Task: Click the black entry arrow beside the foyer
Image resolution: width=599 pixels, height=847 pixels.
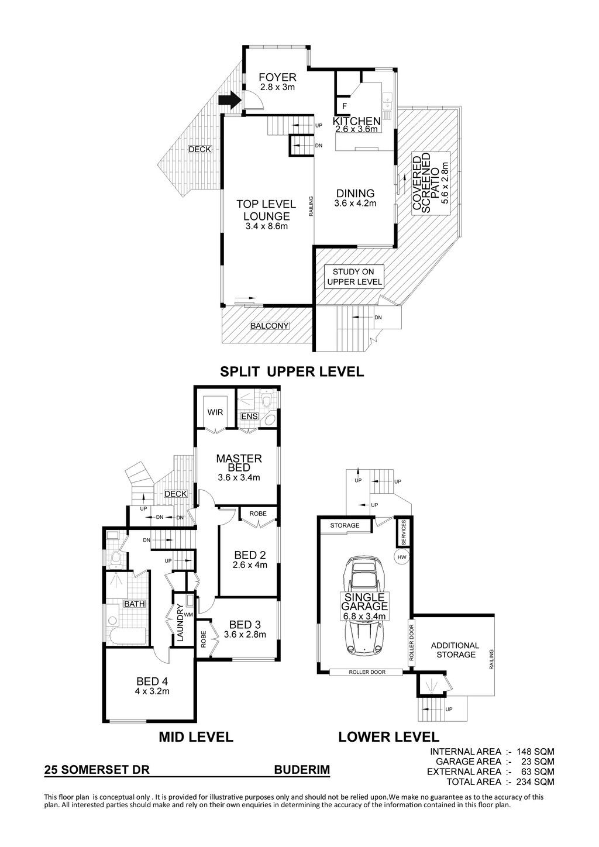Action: click(230, 100)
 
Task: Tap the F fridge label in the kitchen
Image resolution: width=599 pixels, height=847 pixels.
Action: click(345, 106)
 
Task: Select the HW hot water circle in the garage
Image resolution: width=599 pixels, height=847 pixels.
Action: click(401, 557)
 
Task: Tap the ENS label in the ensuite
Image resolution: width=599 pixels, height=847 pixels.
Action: click(249, 416)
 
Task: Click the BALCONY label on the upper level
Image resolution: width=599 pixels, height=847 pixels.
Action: click(270, 326)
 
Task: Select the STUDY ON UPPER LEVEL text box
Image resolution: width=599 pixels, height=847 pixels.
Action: click(354, 277)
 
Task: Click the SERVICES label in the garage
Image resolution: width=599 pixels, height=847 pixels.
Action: click(403, 532)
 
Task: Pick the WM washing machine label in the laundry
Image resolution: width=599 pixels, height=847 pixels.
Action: click(189, 615)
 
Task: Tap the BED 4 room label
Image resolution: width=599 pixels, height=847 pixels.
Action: click(152, 681)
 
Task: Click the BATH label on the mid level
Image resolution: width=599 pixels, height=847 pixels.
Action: click(134, 604)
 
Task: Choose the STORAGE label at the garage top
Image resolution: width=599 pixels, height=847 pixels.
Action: click(345, 525)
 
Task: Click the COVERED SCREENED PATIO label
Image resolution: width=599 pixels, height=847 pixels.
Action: click(431, 183)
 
